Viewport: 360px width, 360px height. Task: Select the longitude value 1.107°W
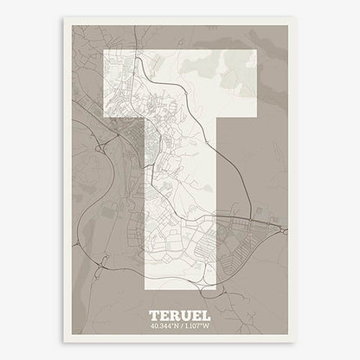coord(199,326)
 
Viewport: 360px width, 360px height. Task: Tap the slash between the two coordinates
coord(181,326)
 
